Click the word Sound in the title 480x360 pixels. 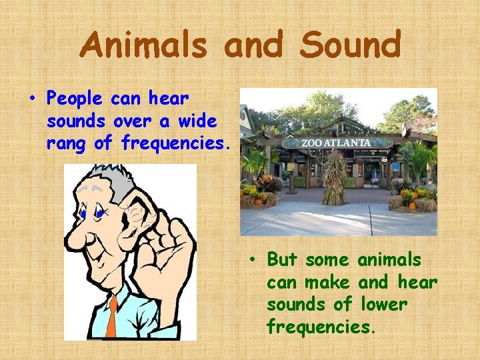(x=350, y=45)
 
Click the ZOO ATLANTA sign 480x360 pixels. (x=337, y=142)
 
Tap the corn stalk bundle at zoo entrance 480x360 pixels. (x=334, y=176)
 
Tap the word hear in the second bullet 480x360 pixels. (x=418, y=281)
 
